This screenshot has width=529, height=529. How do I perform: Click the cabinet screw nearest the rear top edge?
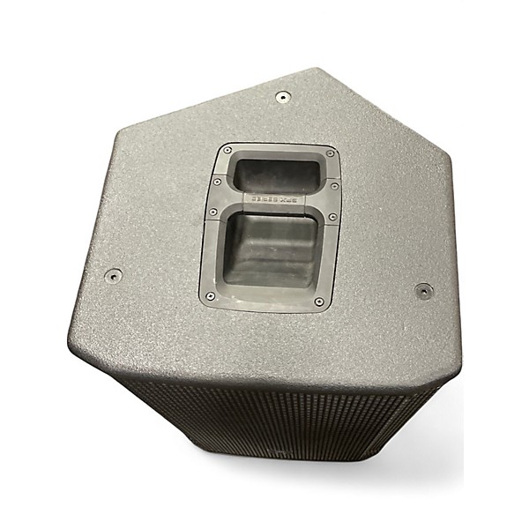point(282,97)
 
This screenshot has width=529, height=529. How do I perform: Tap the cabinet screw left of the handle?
point(113,275)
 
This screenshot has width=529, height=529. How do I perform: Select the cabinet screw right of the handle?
point(424,290)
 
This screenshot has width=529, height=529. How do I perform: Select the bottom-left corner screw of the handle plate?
point(210,296)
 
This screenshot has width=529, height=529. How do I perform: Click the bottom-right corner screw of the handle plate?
point(318,302)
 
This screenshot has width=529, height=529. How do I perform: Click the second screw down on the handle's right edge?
point(335,187)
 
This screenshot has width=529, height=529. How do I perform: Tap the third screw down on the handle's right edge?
point(332,217)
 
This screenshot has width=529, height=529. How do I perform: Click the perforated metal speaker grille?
point(282,414)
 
